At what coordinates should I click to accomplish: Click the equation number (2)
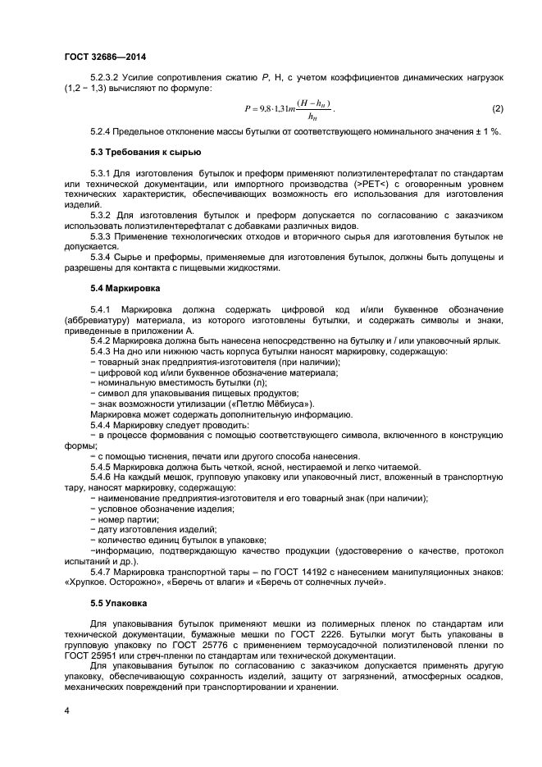(x=497, y=109)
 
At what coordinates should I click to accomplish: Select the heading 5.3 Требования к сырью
(x=134, y=153)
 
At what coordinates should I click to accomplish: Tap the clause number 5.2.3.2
(x=108, y=76)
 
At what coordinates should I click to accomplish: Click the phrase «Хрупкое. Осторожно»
(x=108, y=582)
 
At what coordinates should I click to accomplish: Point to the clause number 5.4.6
(x=103, y=477)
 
